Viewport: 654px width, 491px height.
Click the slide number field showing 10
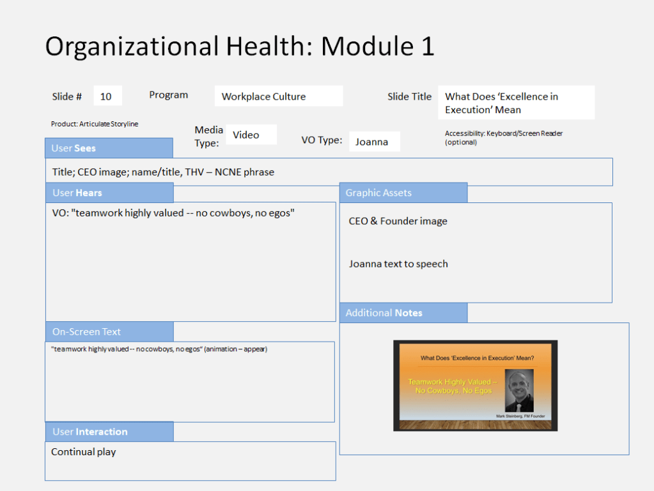107,96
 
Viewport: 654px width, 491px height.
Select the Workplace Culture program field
279,96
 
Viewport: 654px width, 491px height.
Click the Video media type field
251,135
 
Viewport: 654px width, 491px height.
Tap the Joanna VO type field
374,142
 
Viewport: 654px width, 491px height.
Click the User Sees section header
109,148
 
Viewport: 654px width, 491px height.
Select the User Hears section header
109,192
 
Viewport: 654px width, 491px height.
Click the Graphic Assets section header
403,192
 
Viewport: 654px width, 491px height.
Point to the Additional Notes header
403,313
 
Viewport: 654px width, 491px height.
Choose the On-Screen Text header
109,331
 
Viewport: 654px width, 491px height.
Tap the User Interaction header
109,432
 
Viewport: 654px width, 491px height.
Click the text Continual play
83,452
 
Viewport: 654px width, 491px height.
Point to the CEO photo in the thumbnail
519,390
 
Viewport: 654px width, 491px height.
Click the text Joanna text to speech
398,264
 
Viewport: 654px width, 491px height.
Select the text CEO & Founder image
398,221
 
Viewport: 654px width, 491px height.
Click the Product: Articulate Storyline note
95,124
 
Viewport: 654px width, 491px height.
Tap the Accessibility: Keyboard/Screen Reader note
503,137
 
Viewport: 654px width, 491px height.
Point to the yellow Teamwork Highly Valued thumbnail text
453,386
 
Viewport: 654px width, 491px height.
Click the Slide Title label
409,96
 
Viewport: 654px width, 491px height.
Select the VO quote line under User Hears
173,213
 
